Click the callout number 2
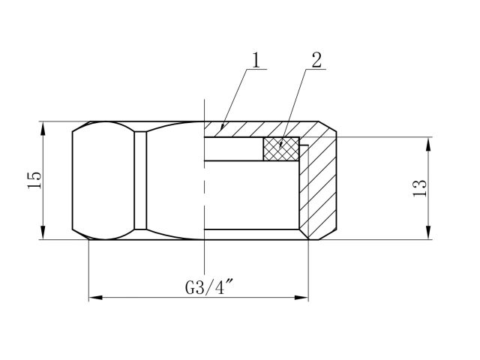tap(316, 61)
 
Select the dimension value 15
tap(34, 180)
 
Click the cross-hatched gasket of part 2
tap(280, 148)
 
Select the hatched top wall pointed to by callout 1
tap(247, 128)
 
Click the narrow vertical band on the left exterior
tap(140, 180)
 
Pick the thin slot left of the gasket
tap(232, 148)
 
